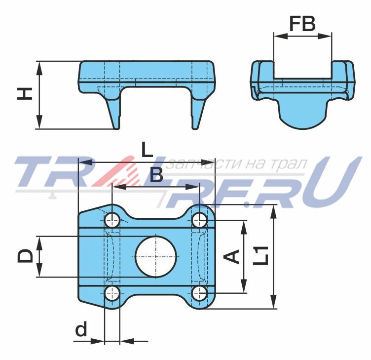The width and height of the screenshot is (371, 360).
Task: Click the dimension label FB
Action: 302,24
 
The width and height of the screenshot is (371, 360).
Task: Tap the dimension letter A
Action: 232,256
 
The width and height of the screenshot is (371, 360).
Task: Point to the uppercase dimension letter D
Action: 25,256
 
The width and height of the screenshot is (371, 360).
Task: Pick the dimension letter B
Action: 156,175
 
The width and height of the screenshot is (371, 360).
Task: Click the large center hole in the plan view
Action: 156,257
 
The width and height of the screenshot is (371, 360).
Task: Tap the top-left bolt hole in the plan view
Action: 112,220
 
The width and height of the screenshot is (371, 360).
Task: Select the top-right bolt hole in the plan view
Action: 200,220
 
